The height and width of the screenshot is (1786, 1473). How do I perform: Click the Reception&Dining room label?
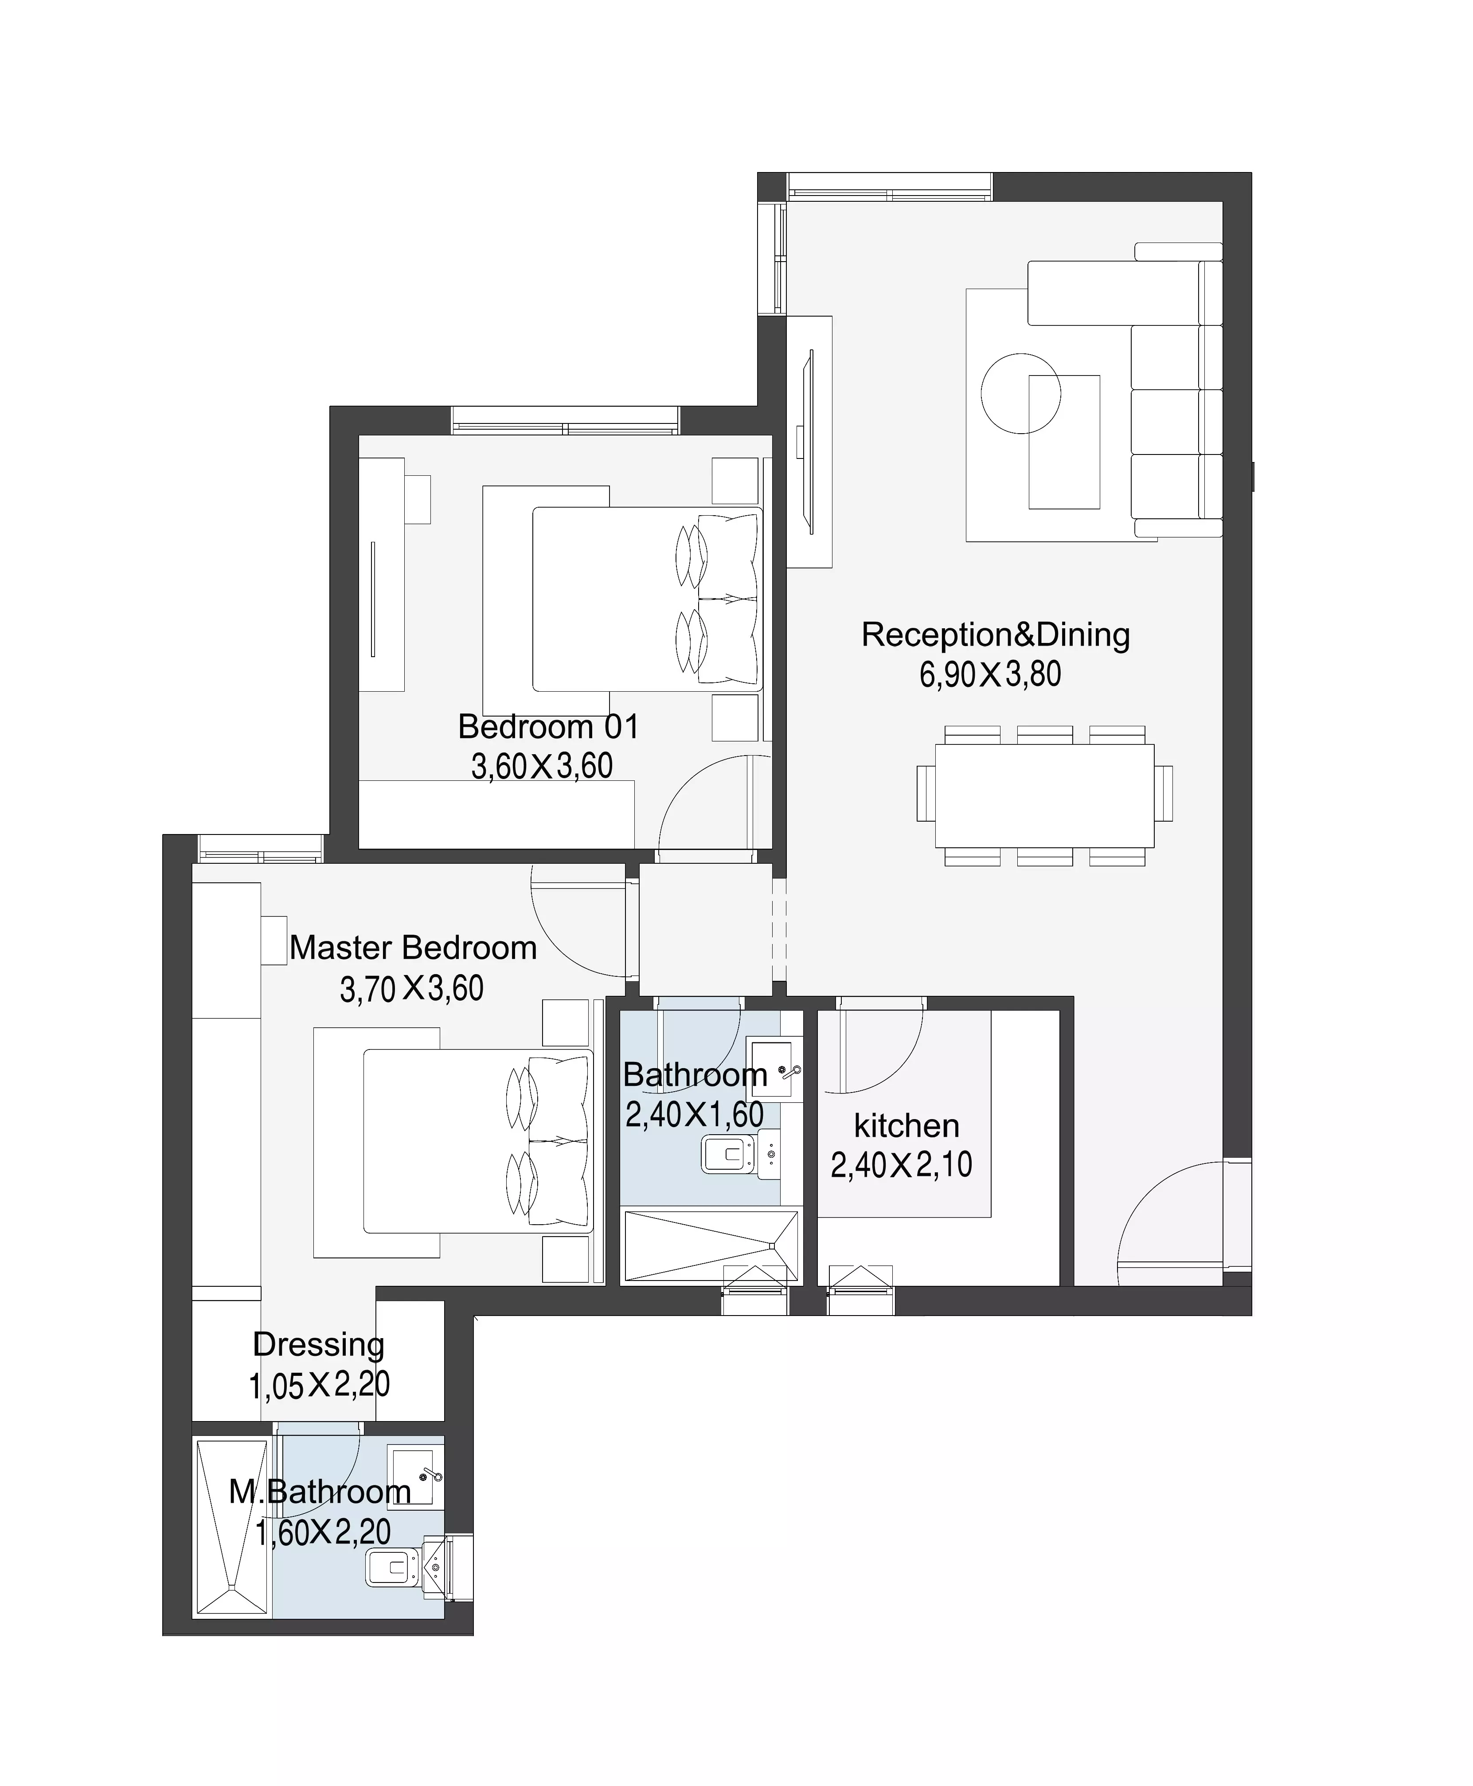pyautogui.click(x=995, y=635)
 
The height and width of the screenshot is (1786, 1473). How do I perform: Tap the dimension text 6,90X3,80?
pyautogui.click(x=990, y=675)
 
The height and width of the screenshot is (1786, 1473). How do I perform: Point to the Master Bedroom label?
pyautogui.click(x=413, y=948)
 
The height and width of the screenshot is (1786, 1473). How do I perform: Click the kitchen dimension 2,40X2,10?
pyautogui.click(x=901, y=1165)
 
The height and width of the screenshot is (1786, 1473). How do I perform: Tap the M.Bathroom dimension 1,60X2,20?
pyautogui.click(x=323, y=1532)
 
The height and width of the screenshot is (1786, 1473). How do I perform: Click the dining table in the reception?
pyautogui.click(x=1044, y=795)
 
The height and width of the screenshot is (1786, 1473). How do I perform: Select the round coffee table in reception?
pyautogui.click(x=1021, y=393)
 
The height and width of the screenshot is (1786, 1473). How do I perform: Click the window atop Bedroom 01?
pyautogui.click(x=565, y=421)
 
